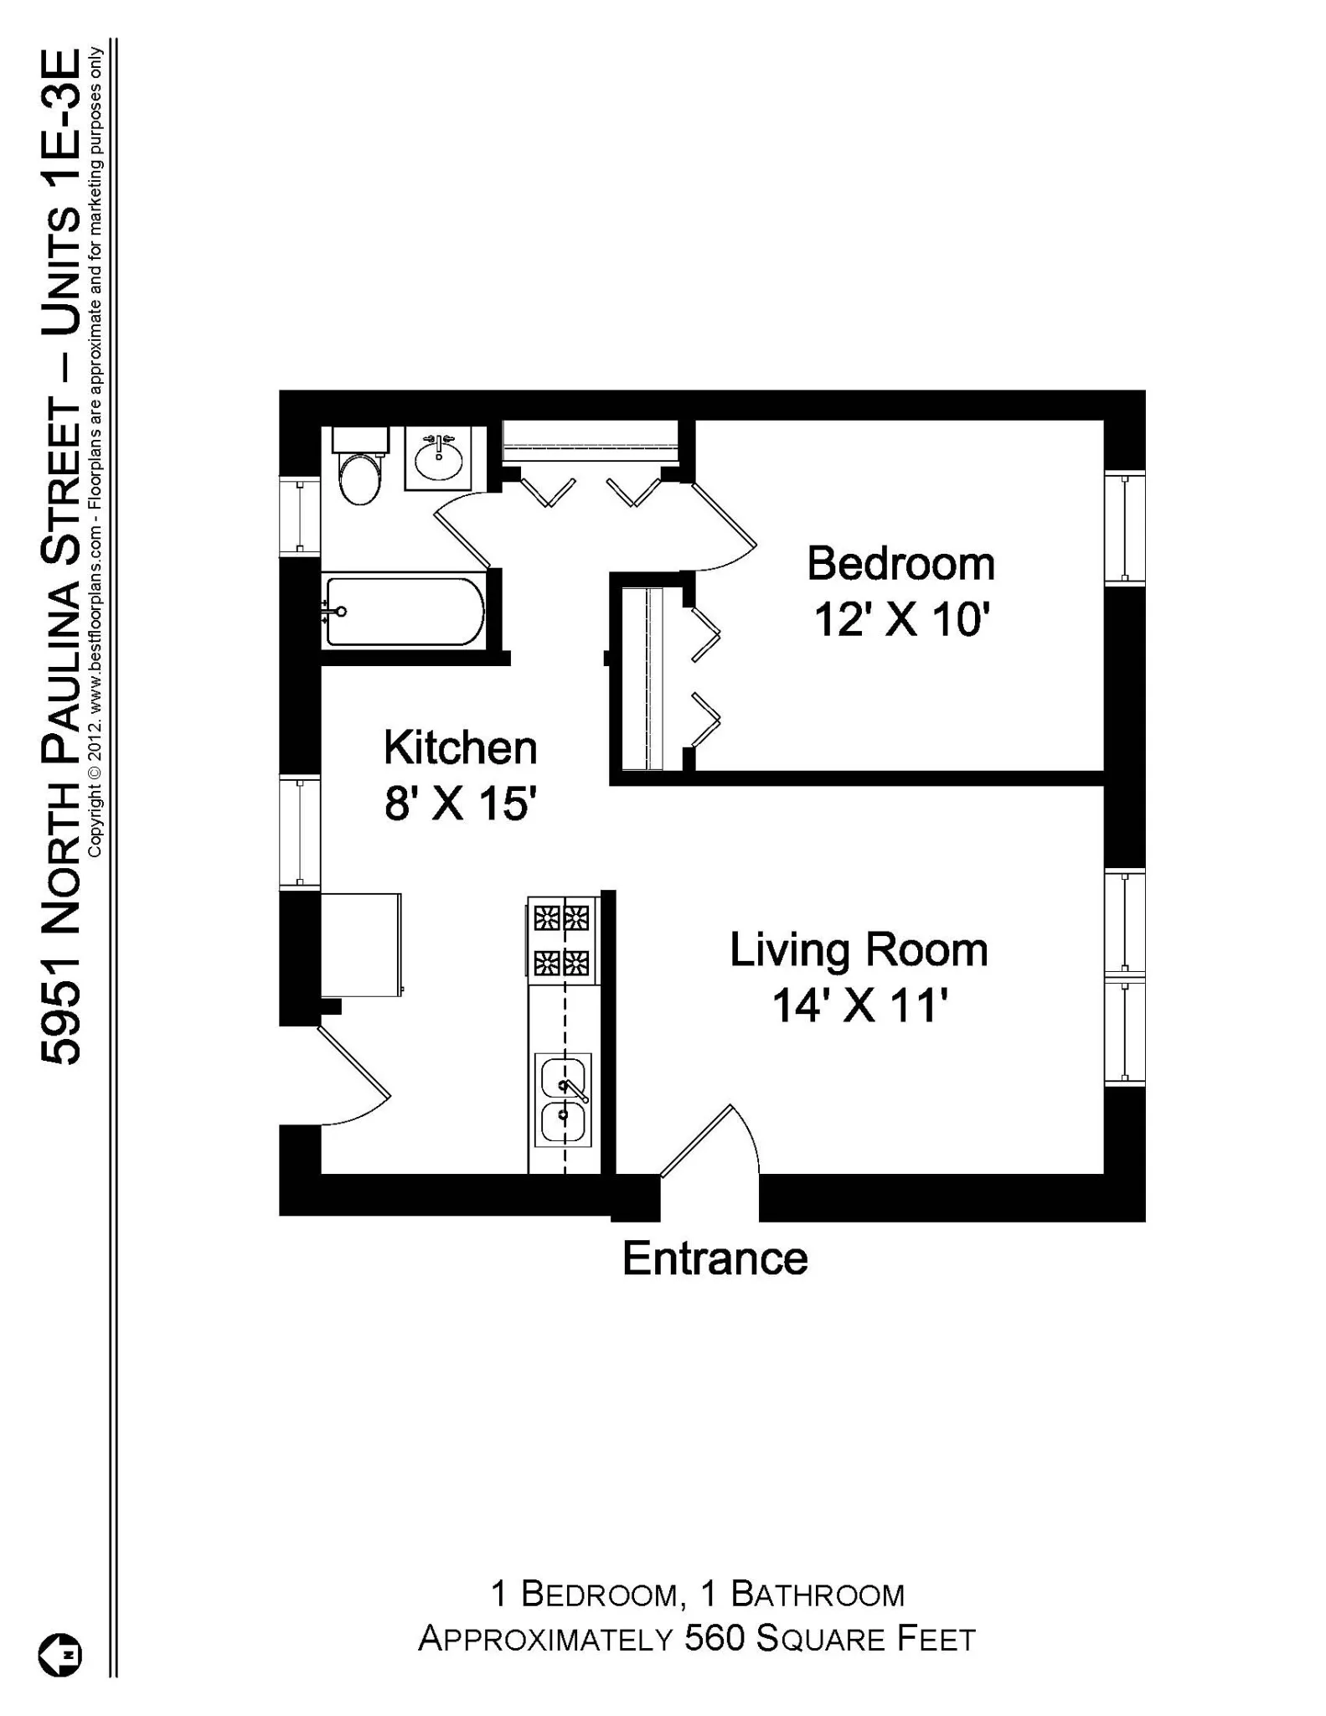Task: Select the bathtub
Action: coord(405,611)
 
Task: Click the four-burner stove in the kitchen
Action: coord(562,939)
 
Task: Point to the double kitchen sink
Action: coord(564,1100)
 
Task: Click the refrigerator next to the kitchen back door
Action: coord(361,944)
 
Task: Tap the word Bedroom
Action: coord(900,563)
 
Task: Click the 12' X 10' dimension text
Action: coord(902,621)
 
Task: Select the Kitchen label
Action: coord(460,747)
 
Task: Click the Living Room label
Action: coord(859,949)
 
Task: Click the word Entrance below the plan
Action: coord(715,1259)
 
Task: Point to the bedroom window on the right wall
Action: coord(1124,528)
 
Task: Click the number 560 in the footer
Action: coord(715,1638)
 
